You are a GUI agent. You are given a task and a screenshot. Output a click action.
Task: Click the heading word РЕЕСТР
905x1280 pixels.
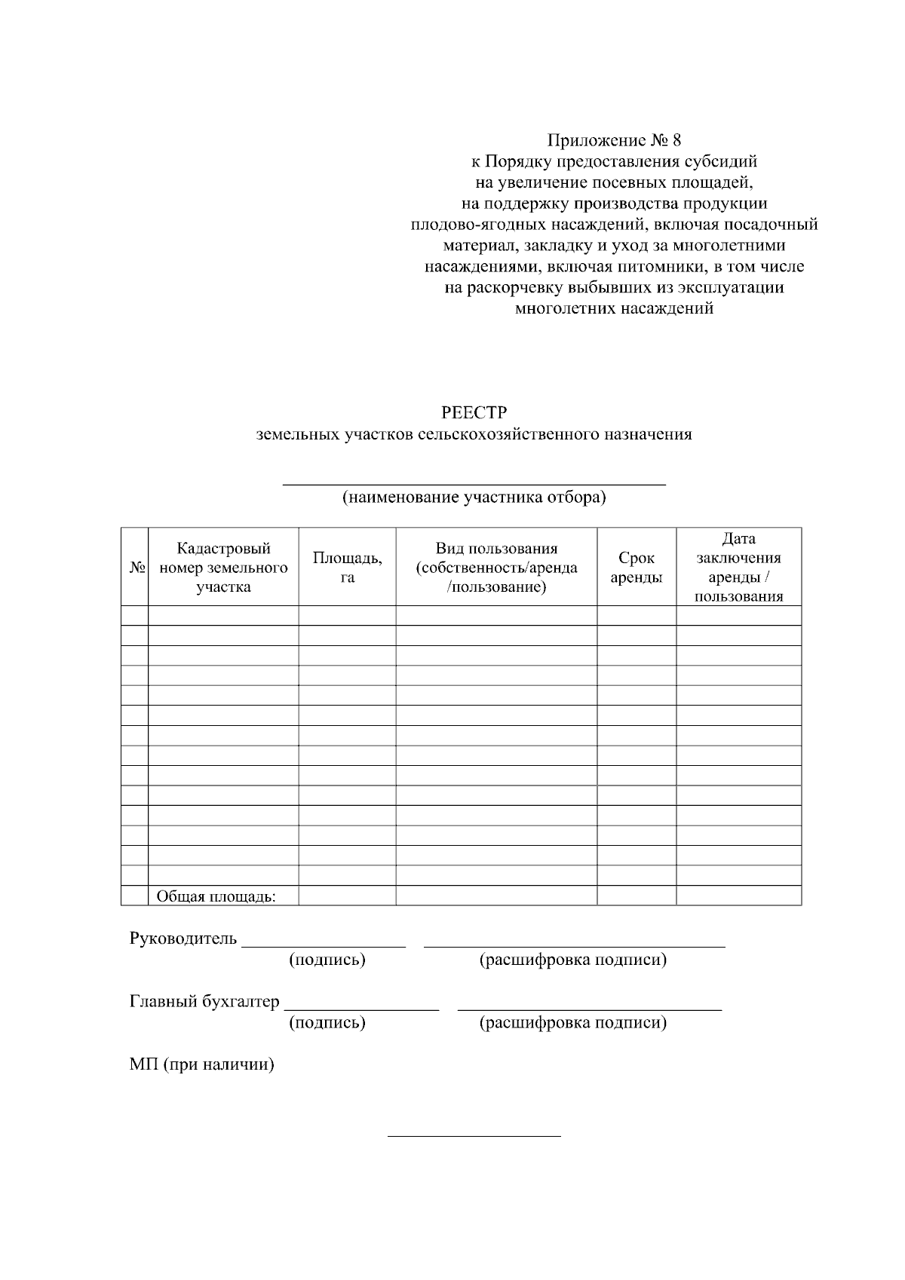click(x=474, y=413)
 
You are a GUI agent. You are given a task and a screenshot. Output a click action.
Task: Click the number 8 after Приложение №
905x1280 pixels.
click(x=676, y=140)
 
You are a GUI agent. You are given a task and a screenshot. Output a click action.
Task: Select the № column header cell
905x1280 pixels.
click(x=135, y=567)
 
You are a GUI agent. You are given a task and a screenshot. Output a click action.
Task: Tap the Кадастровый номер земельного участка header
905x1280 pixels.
click(x=223, y=567)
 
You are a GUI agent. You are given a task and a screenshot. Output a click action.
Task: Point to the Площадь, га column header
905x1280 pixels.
click(x=347, y=567)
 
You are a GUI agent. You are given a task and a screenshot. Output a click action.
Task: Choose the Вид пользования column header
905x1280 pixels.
click(x=496, y=567)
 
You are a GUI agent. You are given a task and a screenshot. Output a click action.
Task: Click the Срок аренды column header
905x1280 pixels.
click(x=637, y=567)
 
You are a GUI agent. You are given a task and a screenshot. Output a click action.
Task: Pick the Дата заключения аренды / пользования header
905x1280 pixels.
click(x=738, y=567)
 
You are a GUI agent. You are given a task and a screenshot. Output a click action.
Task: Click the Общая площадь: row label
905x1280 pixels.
click(x=216, y=896)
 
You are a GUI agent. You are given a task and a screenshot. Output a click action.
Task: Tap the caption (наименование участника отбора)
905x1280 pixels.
click(x=474, y=498)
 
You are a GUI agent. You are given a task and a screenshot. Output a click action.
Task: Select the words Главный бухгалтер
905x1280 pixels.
click(x=204, y=1002)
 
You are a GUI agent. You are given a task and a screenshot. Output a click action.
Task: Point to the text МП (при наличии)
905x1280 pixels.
click(x=201, y=1064)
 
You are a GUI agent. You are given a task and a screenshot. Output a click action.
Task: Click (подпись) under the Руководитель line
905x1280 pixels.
click(x=327, y=960)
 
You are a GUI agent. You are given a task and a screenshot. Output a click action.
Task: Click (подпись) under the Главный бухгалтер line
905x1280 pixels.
click(x=327, y=1023)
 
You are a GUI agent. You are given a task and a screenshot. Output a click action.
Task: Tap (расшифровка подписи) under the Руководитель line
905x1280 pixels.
click(x=573, y=960)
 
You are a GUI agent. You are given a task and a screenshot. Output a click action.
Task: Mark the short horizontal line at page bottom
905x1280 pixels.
click(x=474, y=1135)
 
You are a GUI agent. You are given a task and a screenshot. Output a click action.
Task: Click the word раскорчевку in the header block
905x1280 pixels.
click(x=514, y=288)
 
